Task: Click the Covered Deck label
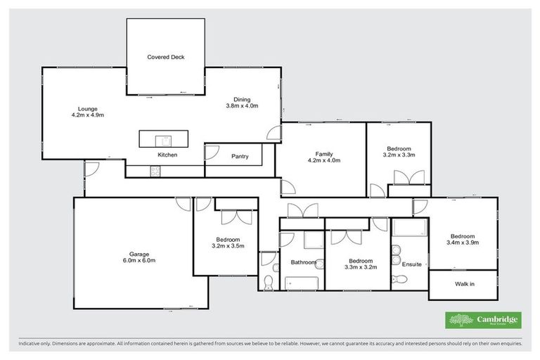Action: coord(166,57)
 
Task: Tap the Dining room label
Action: coord(242,100)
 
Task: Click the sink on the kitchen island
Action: coord(161,139)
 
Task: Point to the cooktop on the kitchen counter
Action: coord(155,169)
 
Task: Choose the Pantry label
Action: coord(240,157)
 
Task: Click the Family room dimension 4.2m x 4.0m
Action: coord(323,160)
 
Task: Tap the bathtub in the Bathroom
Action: coord(302,283)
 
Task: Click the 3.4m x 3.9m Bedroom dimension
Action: coord(463,243)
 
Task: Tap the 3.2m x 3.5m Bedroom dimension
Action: coord(228,246)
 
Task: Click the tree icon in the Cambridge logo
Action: coord(461,320)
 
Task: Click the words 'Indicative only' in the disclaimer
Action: coord(37,344)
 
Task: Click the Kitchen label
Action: coord(167,154)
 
